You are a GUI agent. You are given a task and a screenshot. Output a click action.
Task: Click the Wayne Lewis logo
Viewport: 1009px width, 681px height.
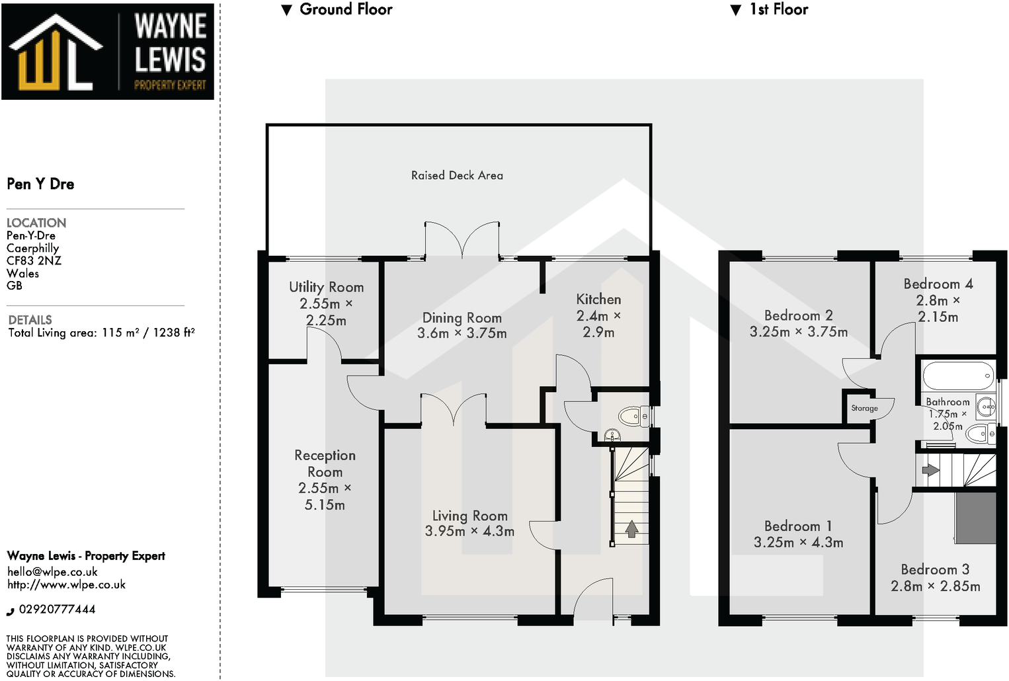[x=108, y=52]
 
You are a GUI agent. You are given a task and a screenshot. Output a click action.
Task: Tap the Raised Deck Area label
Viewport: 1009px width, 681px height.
[x=457, y=175]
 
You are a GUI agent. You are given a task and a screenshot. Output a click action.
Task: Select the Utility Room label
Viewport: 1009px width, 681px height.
[x=326, y=287]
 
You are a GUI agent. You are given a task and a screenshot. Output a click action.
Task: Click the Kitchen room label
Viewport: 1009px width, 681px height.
[x=598, y=299]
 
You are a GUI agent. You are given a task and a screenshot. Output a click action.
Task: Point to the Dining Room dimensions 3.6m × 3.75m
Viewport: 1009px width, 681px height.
[x=462, y=333]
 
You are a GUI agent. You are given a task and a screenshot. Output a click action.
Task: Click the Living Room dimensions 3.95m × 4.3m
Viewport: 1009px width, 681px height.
[x=469, y=531]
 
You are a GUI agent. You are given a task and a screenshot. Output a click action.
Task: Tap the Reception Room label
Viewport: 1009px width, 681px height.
[x=325, y=463]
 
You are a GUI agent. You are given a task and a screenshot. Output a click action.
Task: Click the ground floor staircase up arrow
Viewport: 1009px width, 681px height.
[x=631, y=528]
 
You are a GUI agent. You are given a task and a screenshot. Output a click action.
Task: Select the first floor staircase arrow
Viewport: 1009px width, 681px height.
[x=930, y=470]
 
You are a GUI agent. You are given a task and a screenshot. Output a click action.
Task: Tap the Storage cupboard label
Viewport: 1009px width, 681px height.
[x=864, y=408]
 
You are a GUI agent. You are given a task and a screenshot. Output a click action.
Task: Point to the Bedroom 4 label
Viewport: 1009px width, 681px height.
[x=938, y=284]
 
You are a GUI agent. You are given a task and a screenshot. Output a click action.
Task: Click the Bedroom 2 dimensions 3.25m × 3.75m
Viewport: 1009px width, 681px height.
[x=798, y=332]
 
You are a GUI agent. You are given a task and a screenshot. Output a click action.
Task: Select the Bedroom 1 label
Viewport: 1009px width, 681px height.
[x=798, y=526]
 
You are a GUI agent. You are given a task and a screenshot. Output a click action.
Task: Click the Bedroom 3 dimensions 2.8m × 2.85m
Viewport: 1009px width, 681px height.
[x=935, y=586]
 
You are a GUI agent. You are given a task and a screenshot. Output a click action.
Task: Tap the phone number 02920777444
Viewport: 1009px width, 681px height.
[x=57, y=609]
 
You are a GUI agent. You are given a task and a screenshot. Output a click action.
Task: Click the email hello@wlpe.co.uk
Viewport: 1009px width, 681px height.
[x=52, y=572]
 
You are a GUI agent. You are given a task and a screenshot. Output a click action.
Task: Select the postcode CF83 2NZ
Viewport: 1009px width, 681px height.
[x=34, y=260]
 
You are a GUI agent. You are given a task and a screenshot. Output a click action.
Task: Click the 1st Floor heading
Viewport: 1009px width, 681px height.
[x=778, y=9]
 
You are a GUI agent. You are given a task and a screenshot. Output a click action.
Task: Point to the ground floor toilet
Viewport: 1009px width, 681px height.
[x=631, y=416]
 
